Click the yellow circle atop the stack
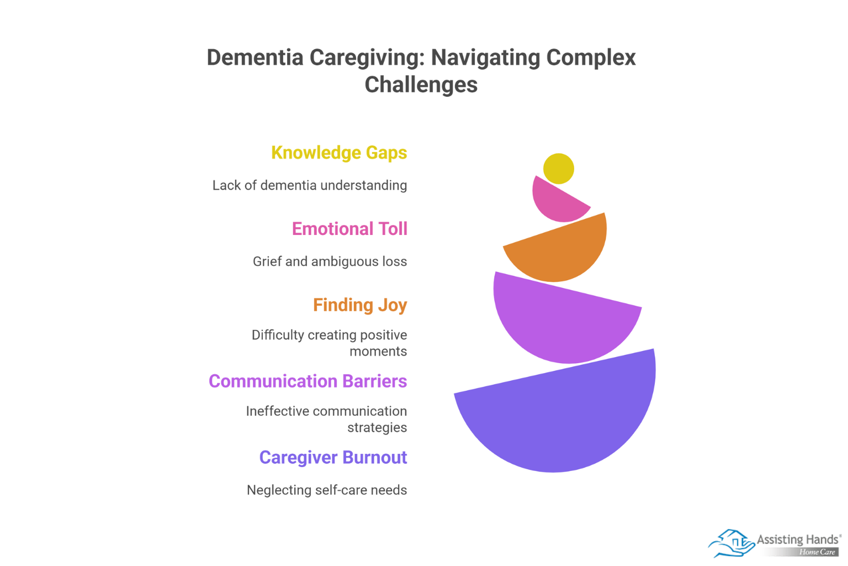click(559, 169)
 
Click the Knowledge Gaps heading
click(339, 153)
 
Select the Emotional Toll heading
click(349, 229)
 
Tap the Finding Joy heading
click(360, 305)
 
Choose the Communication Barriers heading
click(308, 381)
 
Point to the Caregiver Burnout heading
click(333, 458)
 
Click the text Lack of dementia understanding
click(310, 185)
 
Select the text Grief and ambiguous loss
click(330, 261)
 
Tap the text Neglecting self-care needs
click(327, 490)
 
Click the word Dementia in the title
click(255, 57)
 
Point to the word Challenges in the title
click(421, 85)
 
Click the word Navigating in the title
click(486, 57)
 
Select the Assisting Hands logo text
click(797, 539)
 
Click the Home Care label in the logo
click(817, 552)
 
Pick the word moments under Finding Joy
click(378, 352)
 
